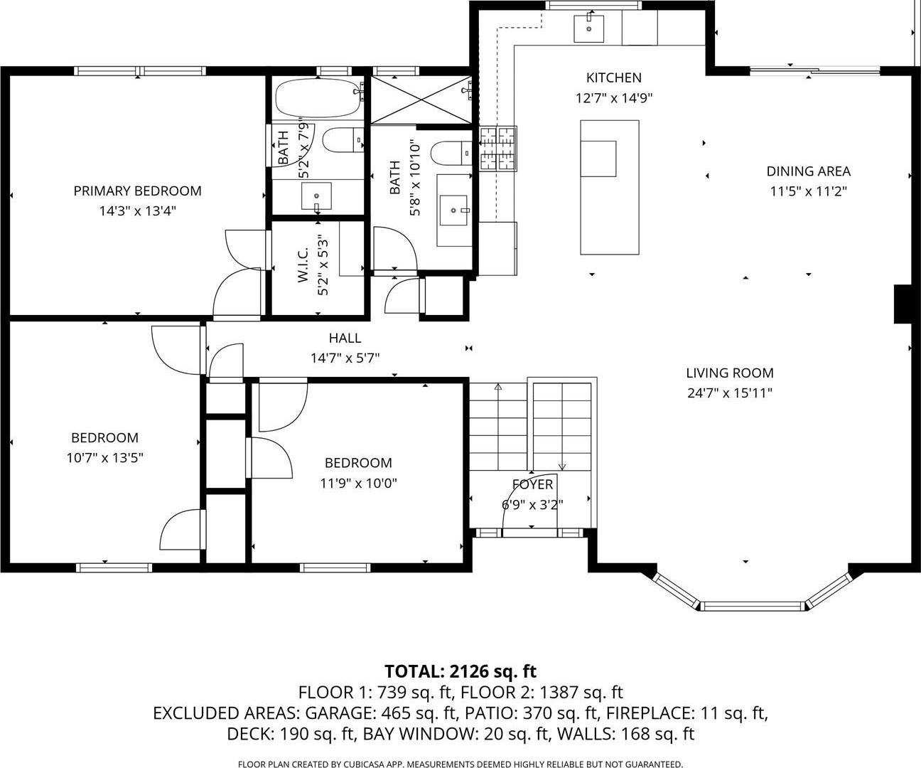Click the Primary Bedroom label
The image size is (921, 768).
pos(137,191)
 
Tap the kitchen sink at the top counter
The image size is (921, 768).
pos(589,28)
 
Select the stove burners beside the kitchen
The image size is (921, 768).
pos(497,149)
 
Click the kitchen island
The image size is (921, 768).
pos(609,187)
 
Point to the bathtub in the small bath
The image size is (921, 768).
pos(318,99)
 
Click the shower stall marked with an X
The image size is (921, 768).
pos(420,99)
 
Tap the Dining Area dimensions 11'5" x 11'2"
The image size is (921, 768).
pos(808,191)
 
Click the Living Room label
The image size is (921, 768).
pos(729,373)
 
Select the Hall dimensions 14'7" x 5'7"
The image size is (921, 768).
pos(345,358)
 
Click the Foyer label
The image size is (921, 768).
pos(532,485)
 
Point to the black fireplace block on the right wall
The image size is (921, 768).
pos(902,304)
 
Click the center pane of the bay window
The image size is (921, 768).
pos(753,606)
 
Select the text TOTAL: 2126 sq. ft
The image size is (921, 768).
pos(460,671)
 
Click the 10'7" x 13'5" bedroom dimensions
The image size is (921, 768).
pos(104,458)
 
